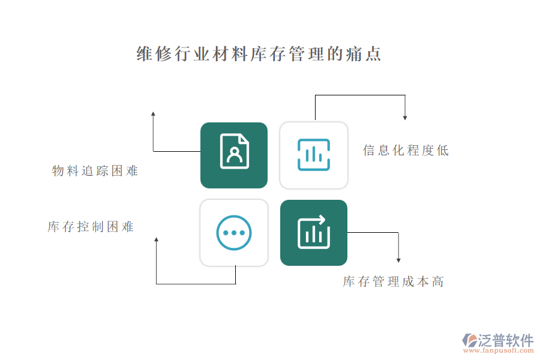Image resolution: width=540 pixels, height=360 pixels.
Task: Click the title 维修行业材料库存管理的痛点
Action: point(259,54)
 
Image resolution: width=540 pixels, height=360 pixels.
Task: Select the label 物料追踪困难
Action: point(95,170)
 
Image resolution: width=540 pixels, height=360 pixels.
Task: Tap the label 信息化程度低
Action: point(406,151)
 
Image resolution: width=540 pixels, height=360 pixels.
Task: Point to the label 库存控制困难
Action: point(91,227)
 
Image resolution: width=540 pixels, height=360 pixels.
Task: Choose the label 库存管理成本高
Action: point(393,281)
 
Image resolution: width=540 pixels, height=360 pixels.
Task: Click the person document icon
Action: point(234,151)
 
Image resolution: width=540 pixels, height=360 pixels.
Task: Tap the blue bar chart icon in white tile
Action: point(314,155)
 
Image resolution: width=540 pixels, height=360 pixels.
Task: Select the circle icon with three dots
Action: point(234,233)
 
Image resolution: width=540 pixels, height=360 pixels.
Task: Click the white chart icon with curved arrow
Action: point(314,232)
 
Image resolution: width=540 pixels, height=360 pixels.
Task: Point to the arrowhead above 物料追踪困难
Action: point(153,113)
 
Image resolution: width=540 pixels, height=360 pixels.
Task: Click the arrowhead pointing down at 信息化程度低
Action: point(405,118)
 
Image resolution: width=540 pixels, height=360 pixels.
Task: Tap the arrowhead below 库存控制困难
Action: point(157,239)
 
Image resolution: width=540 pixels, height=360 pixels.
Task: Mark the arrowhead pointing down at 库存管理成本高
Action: point(398,260)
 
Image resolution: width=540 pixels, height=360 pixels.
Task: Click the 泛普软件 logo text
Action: point(506,340)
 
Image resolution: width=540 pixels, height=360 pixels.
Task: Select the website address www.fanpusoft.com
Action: point(499,350)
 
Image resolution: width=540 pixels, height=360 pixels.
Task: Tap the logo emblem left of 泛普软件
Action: point(470,340)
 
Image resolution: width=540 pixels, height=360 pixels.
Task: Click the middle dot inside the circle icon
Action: point(234,233)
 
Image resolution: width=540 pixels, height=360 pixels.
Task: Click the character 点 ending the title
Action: point(373,54)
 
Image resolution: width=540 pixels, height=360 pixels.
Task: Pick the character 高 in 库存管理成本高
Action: point(438,281)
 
